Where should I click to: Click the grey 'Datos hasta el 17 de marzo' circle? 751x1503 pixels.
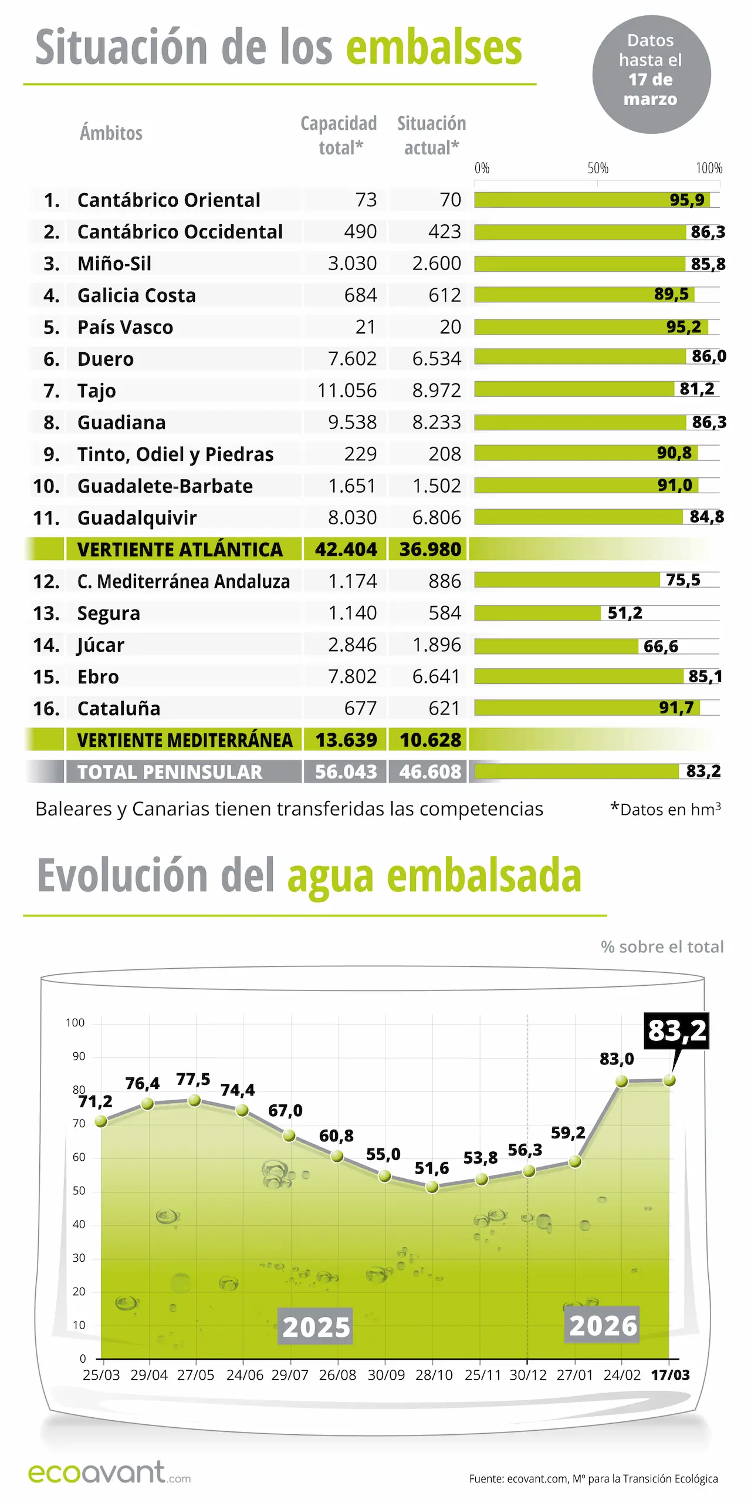(x=651, y=75)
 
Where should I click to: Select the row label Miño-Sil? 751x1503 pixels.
(x=114, y=264)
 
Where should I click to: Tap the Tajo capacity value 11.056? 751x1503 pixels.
(x=347, y=390)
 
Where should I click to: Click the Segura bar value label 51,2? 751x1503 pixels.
(x=625, y=613)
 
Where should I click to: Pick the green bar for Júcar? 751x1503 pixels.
(x=556, y=646)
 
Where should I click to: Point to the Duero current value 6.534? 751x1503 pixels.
(x=437, y=359)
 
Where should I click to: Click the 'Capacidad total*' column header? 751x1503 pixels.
(x=339, y=135)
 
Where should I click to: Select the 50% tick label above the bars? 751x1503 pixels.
(x=598, y=169)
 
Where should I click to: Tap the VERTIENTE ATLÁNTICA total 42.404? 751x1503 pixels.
(x=346, y=550)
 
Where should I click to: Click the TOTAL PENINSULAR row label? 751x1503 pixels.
(x=170, y=772)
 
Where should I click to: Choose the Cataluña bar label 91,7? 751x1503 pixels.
(x=676, y=707)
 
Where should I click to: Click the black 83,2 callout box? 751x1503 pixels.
(x=676, y=1030)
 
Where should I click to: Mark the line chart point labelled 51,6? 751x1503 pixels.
(x=432, y=1187)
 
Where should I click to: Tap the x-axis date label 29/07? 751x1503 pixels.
(x=289, y=1375)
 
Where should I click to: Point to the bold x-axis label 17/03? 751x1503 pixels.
(x=670, y=1375)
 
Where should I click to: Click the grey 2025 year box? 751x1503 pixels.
(x=316, y=1326)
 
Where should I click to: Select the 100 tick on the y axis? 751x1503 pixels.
(x=75, y=1023)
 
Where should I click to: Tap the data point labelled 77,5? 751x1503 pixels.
(x=194, y=1100)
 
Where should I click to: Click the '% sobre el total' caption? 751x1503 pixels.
(x=662, y=947)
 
